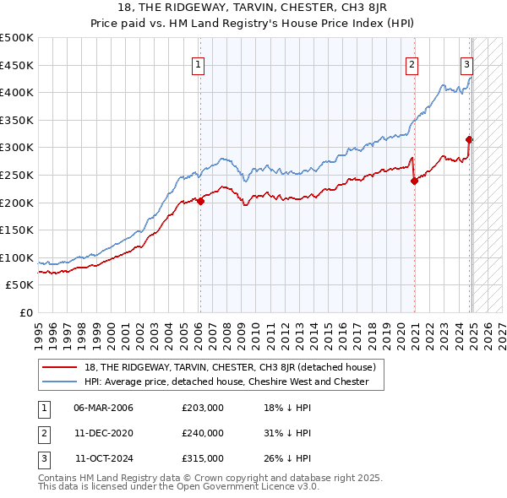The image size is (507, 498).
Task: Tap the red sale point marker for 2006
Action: pos(200,201)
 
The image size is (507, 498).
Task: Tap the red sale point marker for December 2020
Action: pos(415,180)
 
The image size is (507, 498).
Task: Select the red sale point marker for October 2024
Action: pos(470,139)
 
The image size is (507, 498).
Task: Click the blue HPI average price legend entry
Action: pos(226,382)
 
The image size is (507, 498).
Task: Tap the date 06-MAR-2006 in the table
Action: pos(104,408)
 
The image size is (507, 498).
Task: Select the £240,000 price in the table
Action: pos(203,433)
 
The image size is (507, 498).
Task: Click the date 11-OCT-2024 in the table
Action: pos(104,458)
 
